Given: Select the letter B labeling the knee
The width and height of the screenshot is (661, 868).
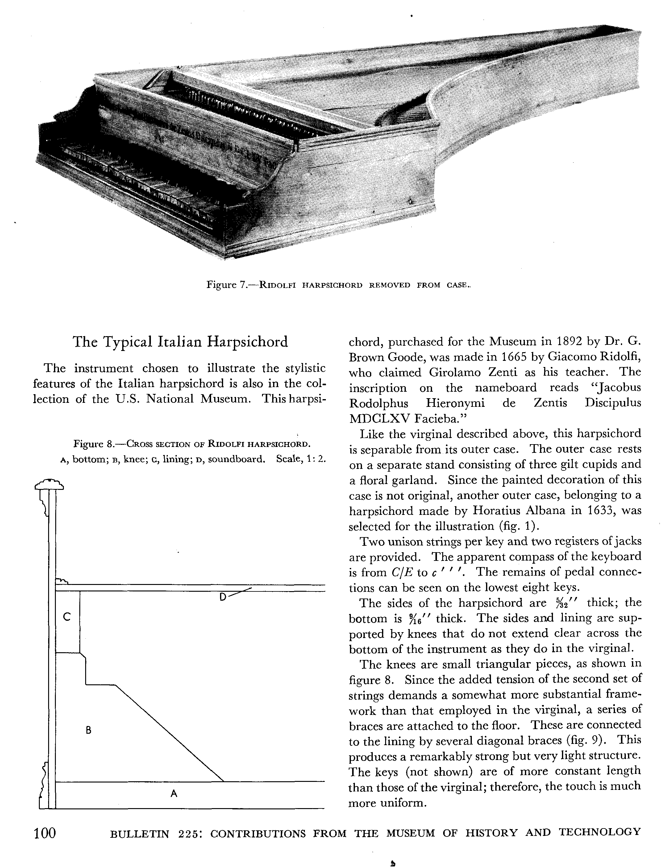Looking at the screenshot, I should coord(89,730).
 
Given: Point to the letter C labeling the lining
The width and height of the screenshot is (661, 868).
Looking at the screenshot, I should coord(67,617).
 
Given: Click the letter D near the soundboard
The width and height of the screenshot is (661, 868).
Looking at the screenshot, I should coord(223,597).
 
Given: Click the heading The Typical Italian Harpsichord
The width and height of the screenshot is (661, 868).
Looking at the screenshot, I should coord(181,341).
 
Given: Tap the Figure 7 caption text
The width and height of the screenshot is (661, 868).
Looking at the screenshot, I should coord(338,285).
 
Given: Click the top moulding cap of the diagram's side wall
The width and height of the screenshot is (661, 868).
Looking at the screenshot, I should coord(50,484).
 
